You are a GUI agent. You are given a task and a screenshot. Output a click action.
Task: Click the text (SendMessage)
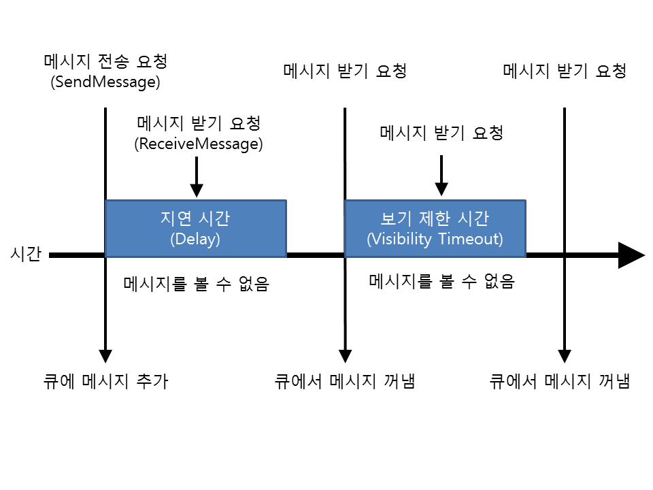(x=105, y=82)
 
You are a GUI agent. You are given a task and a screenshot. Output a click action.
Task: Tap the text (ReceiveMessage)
(x=199, y=144)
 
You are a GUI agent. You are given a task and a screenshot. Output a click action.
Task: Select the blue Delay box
(x=195, y=229)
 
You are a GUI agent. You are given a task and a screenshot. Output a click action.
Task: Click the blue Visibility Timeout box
(x=435, y=229)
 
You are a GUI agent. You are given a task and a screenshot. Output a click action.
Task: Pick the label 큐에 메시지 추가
(x=105, y=382)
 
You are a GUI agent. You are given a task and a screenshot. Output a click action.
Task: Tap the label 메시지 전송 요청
(x=105, y=62)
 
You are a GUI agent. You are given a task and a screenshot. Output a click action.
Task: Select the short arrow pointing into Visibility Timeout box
(x=441, y=175)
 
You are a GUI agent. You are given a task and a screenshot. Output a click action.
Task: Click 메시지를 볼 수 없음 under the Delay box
(x=197, y=284)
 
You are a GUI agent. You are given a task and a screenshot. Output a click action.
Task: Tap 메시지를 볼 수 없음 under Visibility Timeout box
(x=441, y=281)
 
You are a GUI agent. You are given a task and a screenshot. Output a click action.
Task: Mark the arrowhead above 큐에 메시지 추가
(x=105, y=355)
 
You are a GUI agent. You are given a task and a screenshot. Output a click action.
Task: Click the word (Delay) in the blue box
(x=195, y=240)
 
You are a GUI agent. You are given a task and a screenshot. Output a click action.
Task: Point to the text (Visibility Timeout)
(x=435, y=240)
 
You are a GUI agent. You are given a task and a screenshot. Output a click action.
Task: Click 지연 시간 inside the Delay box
(x=195, y=218)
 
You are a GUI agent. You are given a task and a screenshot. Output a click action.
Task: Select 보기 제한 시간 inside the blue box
(x=435, y=218)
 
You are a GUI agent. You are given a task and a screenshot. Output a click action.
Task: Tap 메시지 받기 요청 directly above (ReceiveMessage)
(x=199, y=124)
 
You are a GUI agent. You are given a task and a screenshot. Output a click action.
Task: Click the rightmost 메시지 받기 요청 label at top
(x=565, y=71)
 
